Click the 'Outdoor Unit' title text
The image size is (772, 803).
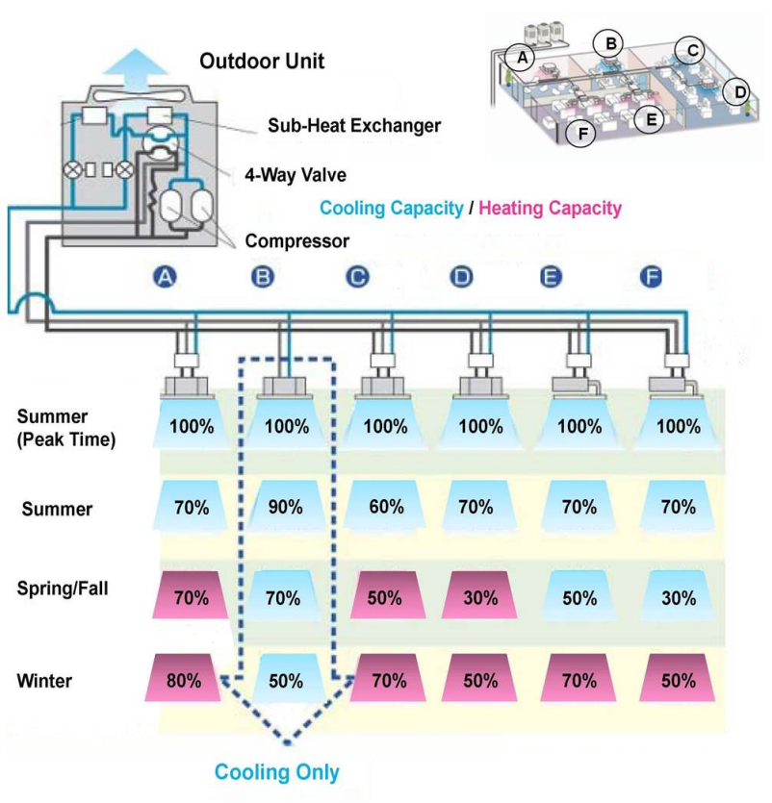[x=261, y=62]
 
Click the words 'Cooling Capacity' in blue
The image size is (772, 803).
[x=391, y=208]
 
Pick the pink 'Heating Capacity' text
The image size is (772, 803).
[x=550, y=208]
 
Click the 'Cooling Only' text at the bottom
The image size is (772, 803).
[x=276, y=771]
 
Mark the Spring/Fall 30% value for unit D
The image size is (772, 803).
[x=479, y=596]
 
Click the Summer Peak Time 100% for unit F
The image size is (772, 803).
[x=681, y=425]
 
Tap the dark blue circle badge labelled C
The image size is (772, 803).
[x=358, y=277]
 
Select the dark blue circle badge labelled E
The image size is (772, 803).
[x=552, y=277]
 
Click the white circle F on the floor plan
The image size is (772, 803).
[x=580, y=133]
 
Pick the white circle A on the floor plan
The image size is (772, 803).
[x=521, y=58]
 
